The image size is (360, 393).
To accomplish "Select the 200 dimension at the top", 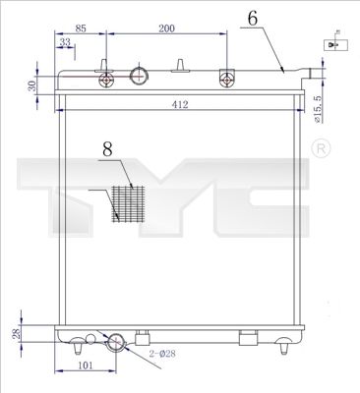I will (166, 29).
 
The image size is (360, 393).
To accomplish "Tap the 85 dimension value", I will (81, 29).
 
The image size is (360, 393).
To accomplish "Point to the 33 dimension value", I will (66, 43).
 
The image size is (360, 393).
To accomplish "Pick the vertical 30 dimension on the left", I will (32, 85).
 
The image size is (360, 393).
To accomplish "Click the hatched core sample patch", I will (129, 201).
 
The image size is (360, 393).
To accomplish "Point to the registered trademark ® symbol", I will (320, 147).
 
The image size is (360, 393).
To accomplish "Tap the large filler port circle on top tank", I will (140, 76).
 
